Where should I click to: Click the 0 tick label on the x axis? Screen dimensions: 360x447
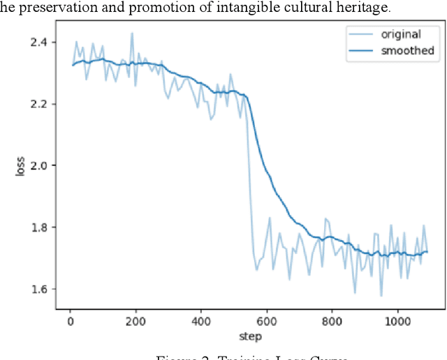(x=70, y=322)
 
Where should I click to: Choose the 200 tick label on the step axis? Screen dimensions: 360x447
(x=135, y=322)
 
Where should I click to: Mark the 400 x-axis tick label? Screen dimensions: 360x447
(x=201, y=322)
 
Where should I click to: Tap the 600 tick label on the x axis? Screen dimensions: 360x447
(x=267, y=322)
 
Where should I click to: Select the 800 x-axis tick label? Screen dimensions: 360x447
(x=332, y=322)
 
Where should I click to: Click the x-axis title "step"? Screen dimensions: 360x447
(x=250, y=336)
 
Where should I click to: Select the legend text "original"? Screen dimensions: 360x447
(x=401, y=34)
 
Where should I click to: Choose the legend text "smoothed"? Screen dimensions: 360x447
(x=407, y=50)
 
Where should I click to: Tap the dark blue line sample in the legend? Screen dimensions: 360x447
(x=362, y=50)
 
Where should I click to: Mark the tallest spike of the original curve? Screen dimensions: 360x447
(x=131, y=33)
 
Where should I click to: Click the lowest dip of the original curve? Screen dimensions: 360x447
(x=381, y=295)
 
